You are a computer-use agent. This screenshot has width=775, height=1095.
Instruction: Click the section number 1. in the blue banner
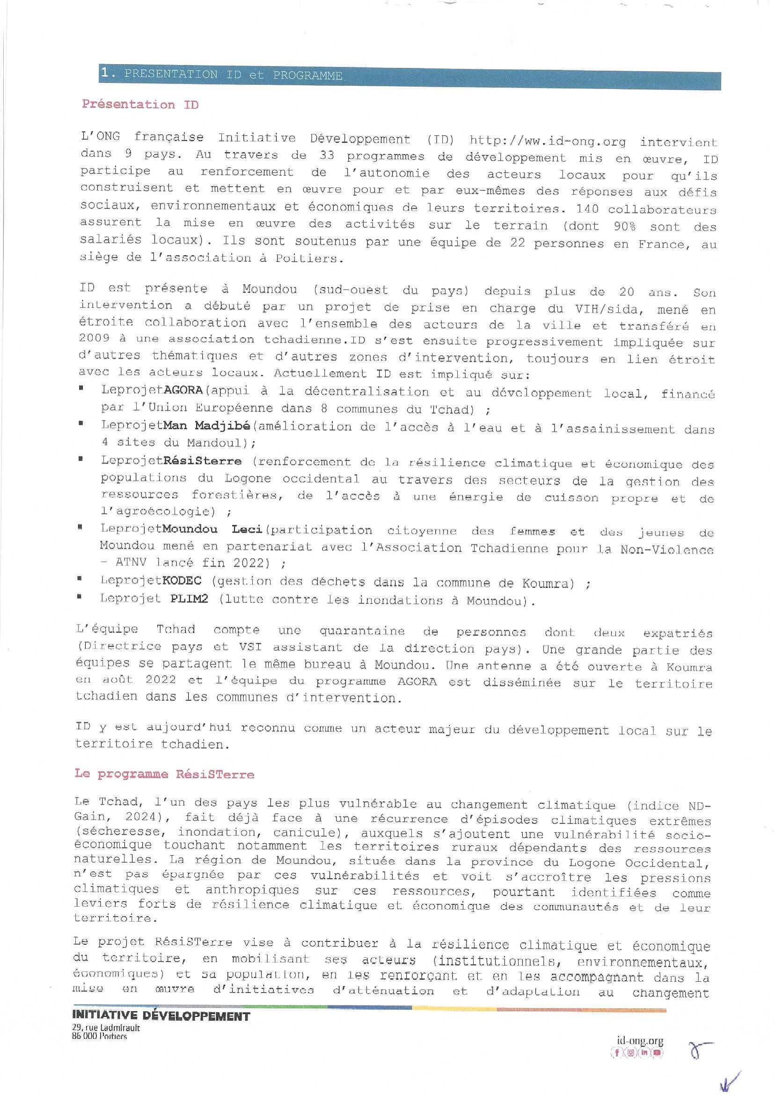109,73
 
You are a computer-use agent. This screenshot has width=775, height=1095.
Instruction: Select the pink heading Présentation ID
140,104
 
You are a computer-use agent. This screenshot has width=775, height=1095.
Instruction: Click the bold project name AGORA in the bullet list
184,390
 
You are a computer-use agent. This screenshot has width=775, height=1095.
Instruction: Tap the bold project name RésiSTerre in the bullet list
202,461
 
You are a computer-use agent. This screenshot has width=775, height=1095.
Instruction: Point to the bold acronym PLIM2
189,599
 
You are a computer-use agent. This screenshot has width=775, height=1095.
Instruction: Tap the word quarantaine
361,631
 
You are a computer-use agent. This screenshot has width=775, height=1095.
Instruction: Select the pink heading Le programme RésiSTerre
164,774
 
